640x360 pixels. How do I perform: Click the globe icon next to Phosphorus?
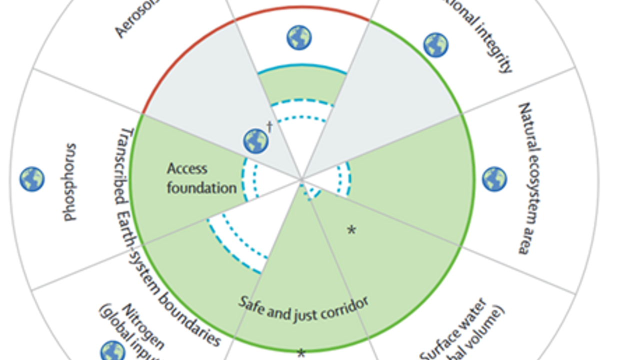tap(32, 179)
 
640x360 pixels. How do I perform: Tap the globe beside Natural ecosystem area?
tap(494, 179)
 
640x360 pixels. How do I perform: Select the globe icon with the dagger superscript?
tap(255, 141)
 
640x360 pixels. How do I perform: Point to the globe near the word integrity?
tap(435, 45)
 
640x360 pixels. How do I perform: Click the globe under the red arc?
tap(299, 38)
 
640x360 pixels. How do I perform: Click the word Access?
tap(187, 169)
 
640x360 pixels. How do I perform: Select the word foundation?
tap(201, 188)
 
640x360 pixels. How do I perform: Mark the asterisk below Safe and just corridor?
tap(301, 354)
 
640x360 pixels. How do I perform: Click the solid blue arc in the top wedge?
tap(302, 66)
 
